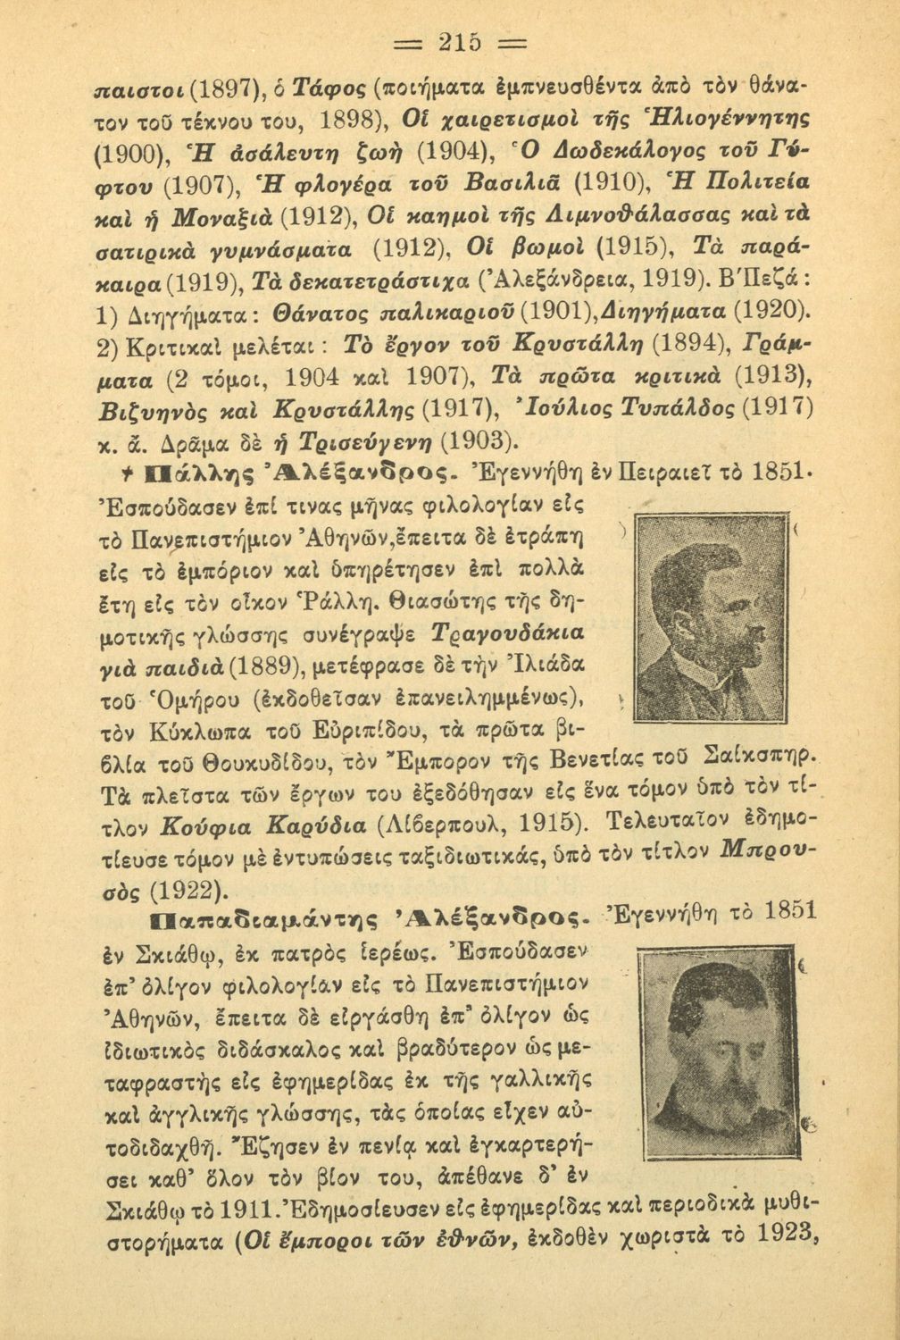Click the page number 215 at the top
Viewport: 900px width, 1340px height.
coord(449,42)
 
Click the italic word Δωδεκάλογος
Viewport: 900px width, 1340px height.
coord(540,147)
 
